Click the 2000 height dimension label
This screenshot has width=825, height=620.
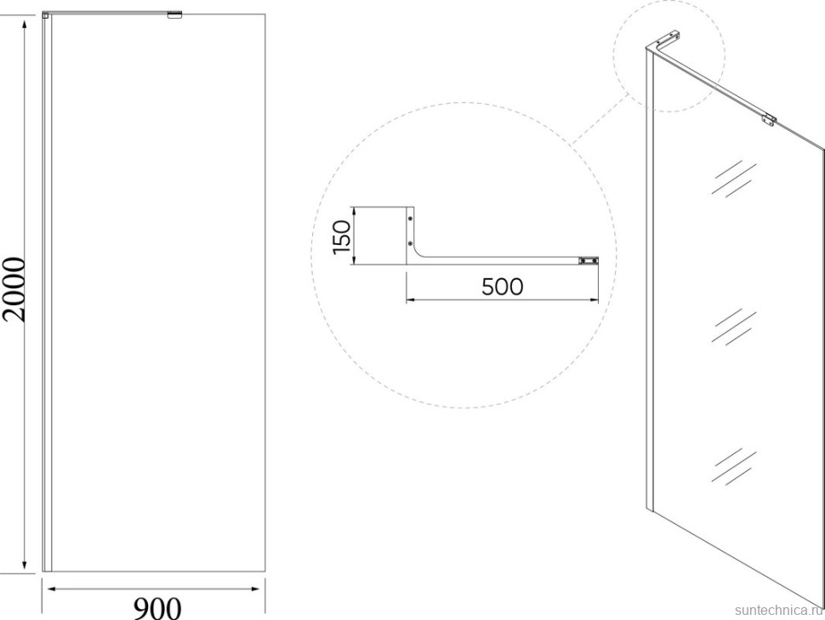[13, 289]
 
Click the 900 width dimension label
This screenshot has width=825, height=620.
[156, 608]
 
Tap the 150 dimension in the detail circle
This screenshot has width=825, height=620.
[342, 236]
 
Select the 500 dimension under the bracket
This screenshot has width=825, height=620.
[503, 287]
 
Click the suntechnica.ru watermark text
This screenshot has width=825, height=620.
[778, 610]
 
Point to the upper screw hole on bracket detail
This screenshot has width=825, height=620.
[411, 218]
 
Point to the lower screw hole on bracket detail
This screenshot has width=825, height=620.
[411, 243]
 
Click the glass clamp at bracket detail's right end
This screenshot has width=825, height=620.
[589, 260]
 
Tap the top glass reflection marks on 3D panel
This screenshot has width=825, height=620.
[734, 179]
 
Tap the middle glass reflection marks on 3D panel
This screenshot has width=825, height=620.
[734, 327]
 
